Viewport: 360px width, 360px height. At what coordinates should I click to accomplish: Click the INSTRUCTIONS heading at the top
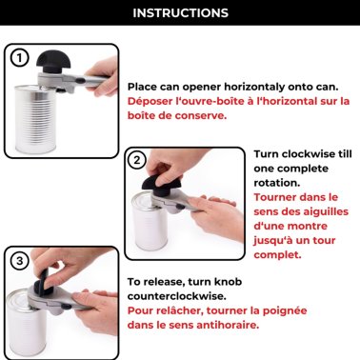pos(180,13)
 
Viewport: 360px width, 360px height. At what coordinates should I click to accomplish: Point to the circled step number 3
pos(19,261)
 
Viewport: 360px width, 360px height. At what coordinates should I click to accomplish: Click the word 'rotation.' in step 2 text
pos(279,183)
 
